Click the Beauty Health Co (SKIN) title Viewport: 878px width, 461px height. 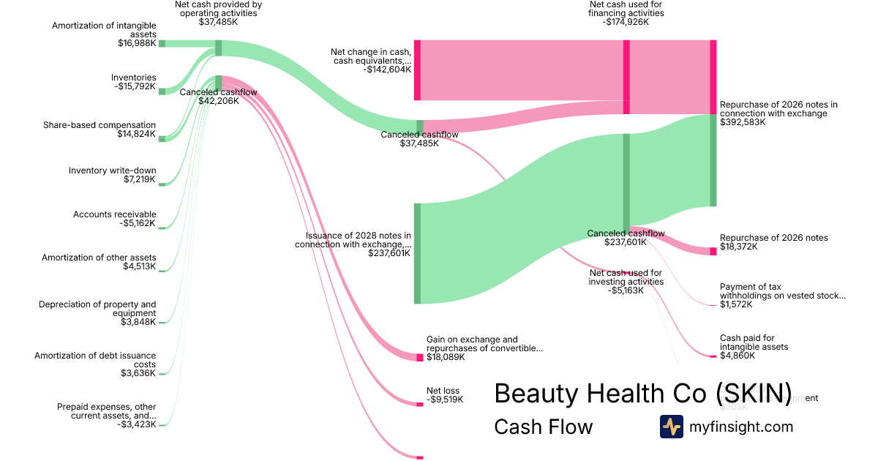pos(642,393)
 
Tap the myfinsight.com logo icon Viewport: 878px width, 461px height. pos(671,427)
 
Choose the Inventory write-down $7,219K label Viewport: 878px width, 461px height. pos(112,176)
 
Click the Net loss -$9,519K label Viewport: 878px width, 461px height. pos(444,395)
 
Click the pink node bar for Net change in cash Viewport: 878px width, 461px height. pos(417,70)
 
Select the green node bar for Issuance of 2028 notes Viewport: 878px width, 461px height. pos(417,253)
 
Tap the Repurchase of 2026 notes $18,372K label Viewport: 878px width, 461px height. pos(773,242)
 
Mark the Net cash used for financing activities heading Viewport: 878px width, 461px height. pos(626,13)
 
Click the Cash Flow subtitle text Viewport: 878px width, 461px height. pos(543,427)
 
